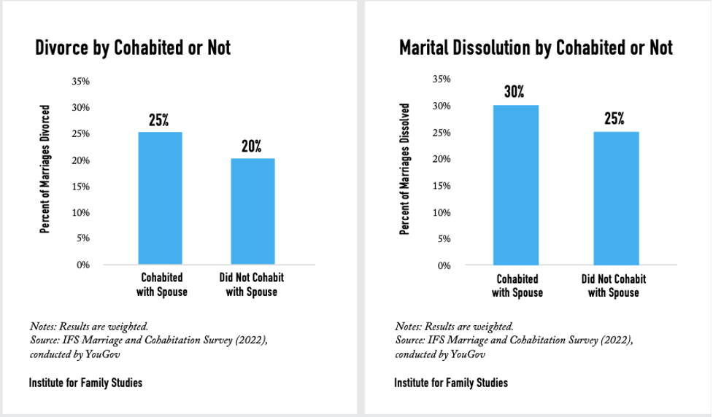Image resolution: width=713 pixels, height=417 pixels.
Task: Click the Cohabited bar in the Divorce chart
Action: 160,198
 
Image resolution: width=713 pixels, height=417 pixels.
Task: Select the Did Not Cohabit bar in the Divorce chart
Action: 252,211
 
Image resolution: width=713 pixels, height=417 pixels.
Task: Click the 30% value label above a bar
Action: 514,93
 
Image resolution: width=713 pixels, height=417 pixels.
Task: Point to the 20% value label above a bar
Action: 252,146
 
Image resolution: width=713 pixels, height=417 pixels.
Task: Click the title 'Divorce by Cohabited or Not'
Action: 132,49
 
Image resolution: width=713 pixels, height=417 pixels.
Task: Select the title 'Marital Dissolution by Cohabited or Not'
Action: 536,48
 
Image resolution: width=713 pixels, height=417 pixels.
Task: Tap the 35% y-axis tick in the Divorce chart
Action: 80,82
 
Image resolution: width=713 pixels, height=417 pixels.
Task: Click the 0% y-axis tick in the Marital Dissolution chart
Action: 444,265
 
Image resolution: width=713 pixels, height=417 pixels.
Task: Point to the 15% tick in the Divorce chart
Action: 80,187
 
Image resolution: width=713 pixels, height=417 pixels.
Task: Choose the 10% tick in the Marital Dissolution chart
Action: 443,213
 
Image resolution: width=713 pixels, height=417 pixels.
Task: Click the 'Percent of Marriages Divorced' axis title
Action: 45,169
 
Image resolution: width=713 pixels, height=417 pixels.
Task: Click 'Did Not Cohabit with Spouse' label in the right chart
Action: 614,286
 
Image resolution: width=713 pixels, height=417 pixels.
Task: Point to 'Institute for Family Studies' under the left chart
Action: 85,383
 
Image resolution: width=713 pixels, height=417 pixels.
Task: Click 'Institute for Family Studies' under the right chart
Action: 451,383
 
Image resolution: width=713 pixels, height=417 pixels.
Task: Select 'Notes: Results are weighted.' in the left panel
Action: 90,326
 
